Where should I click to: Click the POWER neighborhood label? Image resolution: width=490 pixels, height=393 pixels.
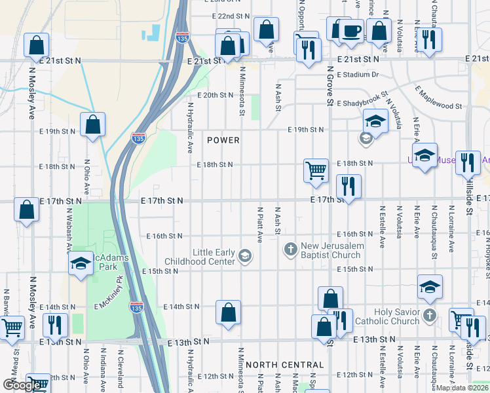pyautogui.click(x=223, y=140)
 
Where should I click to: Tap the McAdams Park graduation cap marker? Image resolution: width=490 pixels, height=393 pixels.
pyautogui.click(x=81, y=264)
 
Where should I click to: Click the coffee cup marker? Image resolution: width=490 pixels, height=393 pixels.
pyautogui.click(x=352, y=31)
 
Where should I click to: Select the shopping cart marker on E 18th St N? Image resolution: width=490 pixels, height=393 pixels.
pyautogui.click(x=316, y=170)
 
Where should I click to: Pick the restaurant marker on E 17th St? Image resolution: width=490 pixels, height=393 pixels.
pyautogui.click(x=348, y=186)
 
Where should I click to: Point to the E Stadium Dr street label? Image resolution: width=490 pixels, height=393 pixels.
pyautogui.click(x=358, y=75)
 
